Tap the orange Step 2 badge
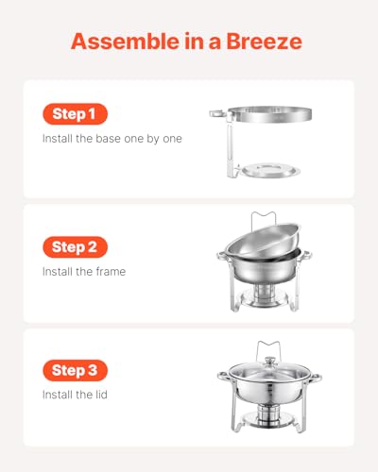tap(74, 247)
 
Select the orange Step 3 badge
tap(74, 371)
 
